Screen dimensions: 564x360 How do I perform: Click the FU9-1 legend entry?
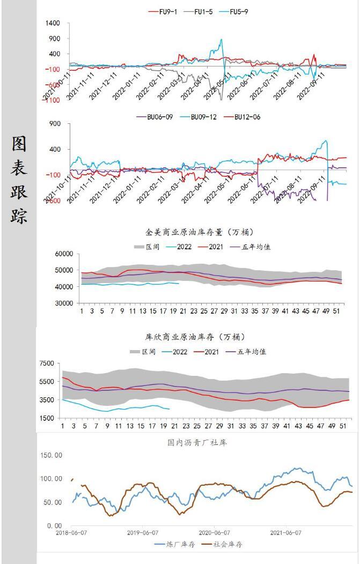click(166, 12)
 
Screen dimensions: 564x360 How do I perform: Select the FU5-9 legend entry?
click(236, 12)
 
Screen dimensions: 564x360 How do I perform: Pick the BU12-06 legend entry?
click(245, 117)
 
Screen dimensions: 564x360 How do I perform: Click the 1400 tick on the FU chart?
click(53, 24)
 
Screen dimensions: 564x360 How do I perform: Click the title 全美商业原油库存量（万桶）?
click(200, 232)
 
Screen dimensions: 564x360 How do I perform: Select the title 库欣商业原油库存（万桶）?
click(195, 337)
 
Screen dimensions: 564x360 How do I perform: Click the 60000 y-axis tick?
click(64, 254)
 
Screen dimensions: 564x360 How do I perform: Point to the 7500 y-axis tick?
click(47, 363)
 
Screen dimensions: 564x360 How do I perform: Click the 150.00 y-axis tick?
click(52, 456)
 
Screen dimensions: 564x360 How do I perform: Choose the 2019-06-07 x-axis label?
click(143, 533)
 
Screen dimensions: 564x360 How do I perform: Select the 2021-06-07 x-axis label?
click(285, 533)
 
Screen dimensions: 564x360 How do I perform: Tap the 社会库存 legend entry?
click(225, 544)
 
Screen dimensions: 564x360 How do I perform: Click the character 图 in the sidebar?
click(19, 144)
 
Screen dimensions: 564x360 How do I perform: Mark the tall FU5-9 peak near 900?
click(221, 39)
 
